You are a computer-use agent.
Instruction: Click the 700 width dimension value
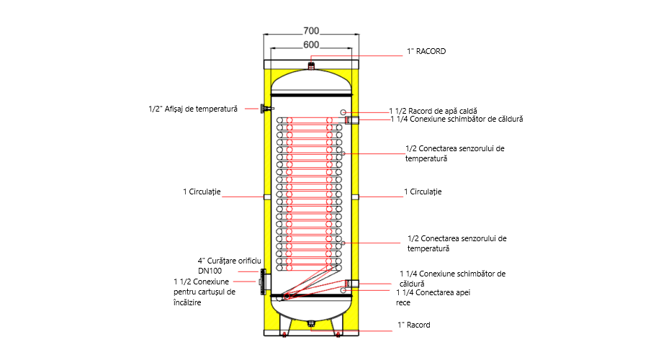[311, 31]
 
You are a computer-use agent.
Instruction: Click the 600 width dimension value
[311, 45]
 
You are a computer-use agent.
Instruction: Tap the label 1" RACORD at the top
[426, 51]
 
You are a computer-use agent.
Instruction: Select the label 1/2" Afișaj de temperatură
[193, 109]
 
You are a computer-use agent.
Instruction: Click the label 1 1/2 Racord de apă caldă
[433, 111]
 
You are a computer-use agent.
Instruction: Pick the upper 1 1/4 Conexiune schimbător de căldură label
[456, 119]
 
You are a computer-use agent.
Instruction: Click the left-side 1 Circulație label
[202, 192]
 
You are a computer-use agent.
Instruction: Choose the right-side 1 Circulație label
[423, 192]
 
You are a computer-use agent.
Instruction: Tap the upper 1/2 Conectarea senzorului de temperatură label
[454, 153]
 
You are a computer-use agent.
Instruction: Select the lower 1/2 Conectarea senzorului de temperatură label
[456, 243]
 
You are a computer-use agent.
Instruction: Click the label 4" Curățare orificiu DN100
[230, 266]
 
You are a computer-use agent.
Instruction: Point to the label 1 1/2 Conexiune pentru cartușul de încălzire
[204, 292]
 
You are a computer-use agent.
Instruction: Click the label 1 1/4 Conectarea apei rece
[433, 297]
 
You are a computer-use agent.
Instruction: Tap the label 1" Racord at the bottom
[414, 325]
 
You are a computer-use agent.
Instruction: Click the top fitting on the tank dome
[311, 66]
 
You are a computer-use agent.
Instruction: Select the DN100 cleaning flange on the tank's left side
[263, 282]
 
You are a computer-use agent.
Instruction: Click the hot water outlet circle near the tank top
[343, 112]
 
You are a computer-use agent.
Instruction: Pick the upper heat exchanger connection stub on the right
[351, 120]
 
